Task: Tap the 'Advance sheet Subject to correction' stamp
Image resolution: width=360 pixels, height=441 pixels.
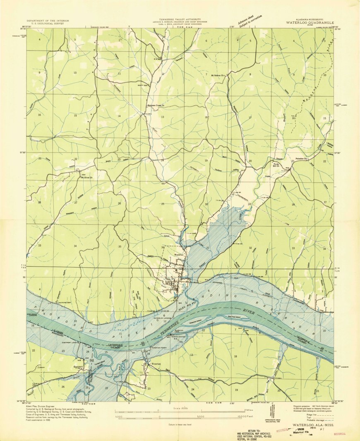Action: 249,20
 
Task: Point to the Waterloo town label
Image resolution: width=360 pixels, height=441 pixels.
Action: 178,255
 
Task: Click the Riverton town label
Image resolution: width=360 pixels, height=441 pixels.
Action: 156,364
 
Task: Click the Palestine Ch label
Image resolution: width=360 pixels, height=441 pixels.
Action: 300,159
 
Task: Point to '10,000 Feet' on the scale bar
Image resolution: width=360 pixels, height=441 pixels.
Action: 246,417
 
